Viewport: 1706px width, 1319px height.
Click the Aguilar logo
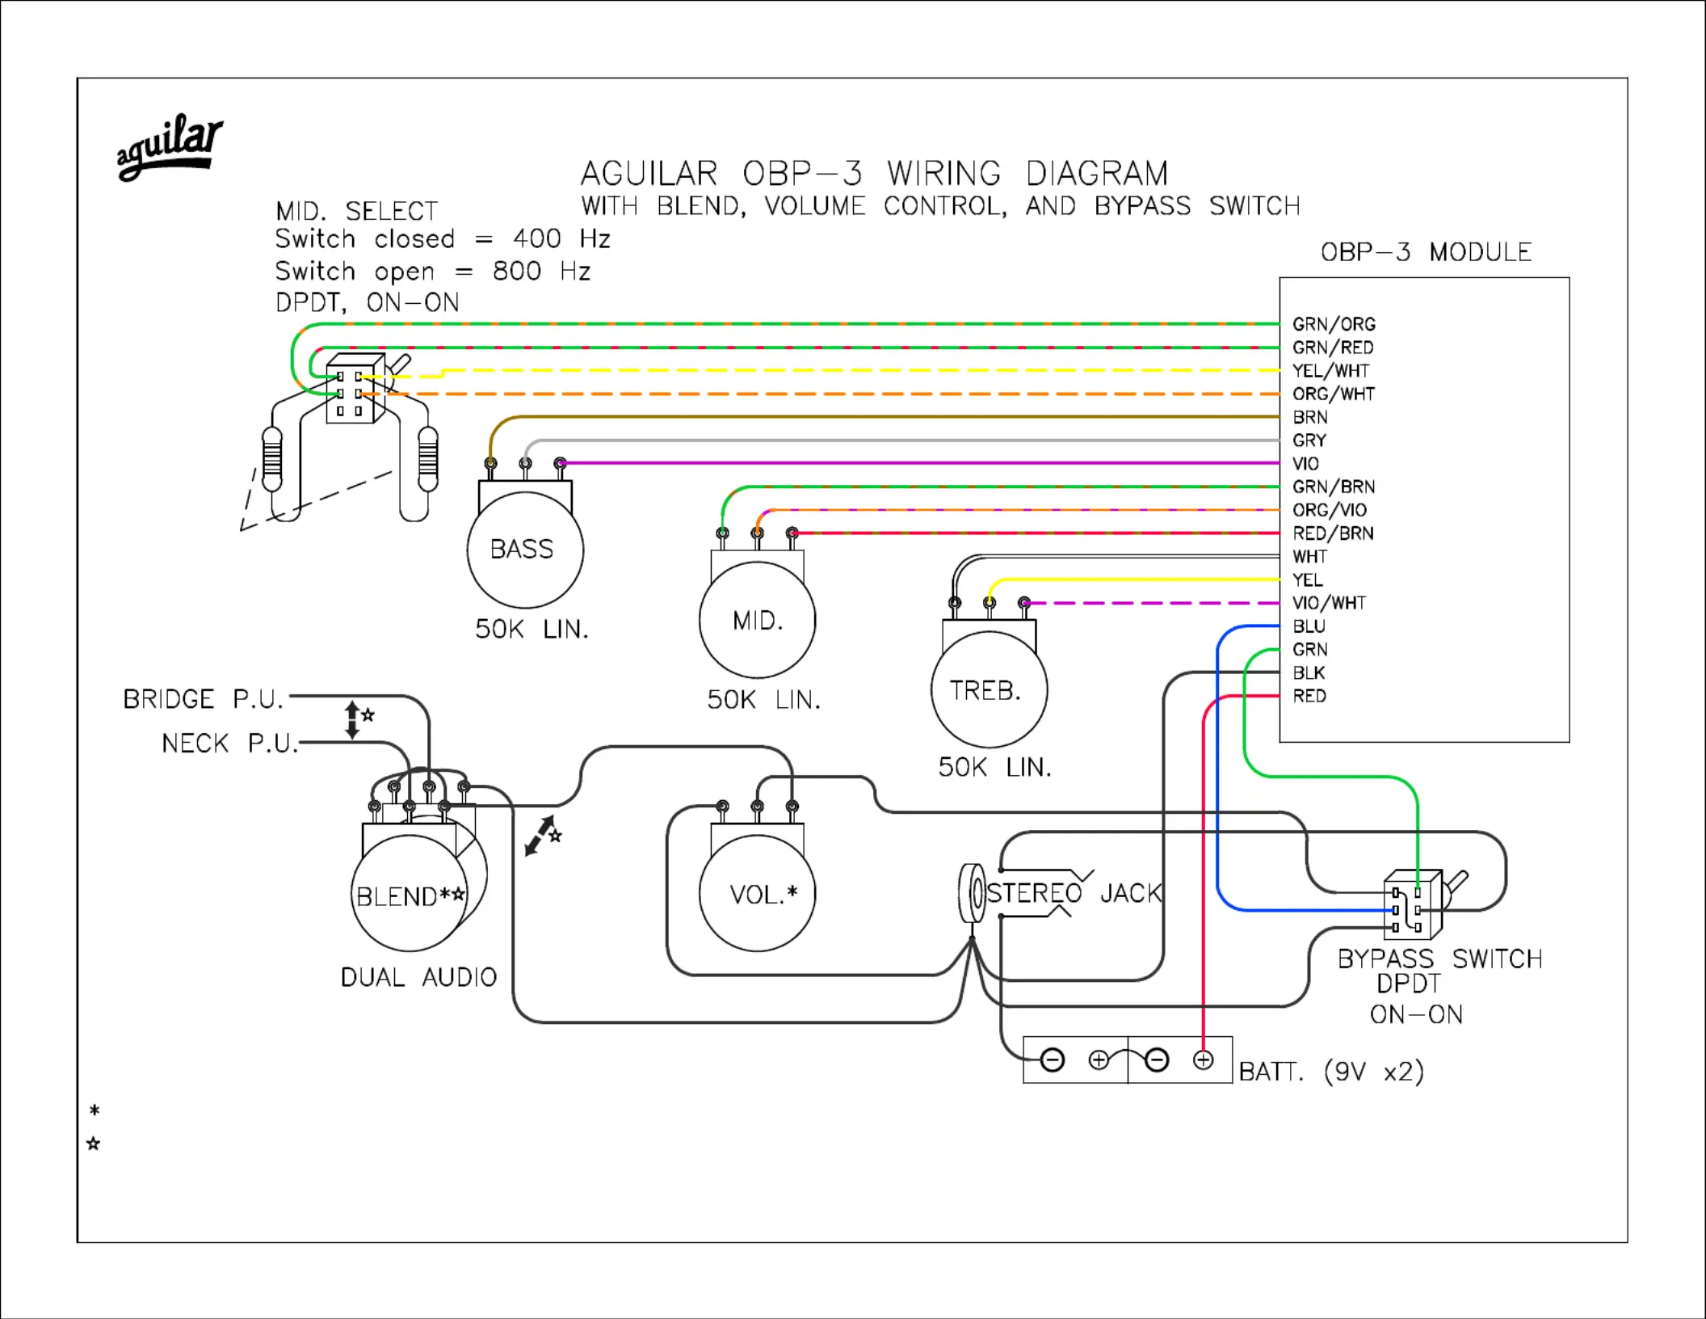170,147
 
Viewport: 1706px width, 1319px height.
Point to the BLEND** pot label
410,896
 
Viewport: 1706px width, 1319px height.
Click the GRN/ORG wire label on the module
1334,324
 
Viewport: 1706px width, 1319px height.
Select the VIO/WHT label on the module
1329,603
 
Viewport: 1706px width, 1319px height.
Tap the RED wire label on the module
1309,696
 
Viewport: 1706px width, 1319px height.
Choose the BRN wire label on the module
1310,417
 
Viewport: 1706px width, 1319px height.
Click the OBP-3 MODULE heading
1426,252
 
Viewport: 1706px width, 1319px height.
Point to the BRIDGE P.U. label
204,699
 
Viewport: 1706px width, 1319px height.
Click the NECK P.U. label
230,744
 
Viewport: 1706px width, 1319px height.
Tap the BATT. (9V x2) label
1331,1072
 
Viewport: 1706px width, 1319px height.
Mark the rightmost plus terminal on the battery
1203,1060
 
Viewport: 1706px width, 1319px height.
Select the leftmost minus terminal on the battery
1052,1060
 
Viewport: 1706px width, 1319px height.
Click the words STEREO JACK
1074,893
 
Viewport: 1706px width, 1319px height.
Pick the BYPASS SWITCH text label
1440,959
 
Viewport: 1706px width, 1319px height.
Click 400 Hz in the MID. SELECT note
562,239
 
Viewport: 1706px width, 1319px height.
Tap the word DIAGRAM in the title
1097,174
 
